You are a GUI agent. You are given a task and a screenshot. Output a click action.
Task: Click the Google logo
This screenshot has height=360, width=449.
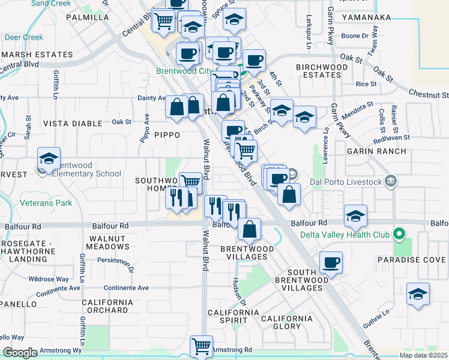pos(20,353)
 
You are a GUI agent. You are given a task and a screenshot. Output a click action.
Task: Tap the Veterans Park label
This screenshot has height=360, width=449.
pos(46,203)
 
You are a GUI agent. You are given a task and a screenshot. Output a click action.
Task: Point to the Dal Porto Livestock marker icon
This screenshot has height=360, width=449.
pos(391,181)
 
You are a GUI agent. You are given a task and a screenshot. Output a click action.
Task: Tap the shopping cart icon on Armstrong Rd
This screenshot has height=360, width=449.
pos(201,346)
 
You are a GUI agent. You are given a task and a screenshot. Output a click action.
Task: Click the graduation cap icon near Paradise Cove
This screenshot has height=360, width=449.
pos(418,294)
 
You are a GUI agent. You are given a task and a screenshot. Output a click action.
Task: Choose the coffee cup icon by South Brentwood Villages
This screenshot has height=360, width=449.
pos(331,262)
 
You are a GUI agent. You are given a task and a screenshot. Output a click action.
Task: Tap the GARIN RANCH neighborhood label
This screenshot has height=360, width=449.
pos(376,152)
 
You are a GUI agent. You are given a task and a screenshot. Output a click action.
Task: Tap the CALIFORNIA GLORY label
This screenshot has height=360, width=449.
pos(287,322)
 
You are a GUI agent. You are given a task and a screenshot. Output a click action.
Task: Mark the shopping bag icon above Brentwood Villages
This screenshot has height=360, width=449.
pos(249,229)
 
